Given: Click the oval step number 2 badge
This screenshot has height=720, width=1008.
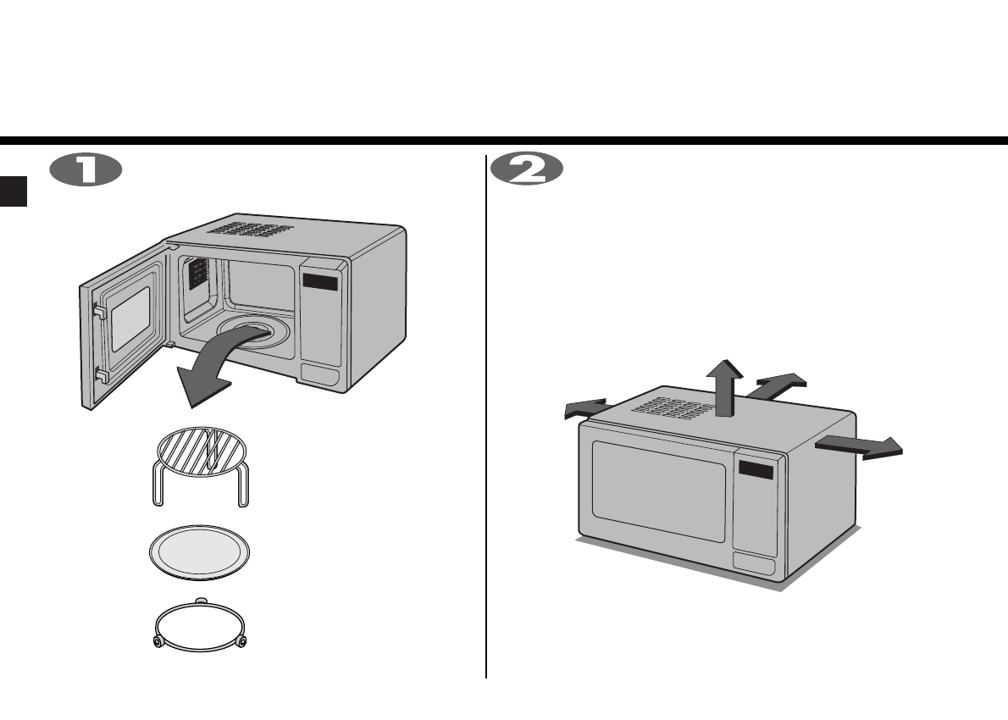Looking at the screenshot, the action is [526, 169].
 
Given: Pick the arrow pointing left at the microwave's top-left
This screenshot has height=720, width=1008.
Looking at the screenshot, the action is [586, 408].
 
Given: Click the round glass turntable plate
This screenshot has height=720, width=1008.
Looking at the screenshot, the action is [202, 555].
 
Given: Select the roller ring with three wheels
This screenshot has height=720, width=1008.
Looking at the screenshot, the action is [201, 624].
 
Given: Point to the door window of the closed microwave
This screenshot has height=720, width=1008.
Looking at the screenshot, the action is [658, 490].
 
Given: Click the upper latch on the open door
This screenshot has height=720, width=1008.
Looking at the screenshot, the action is [98, 313].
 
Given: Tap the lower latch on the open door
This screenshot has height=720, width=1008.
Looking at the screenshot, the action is [100, 374].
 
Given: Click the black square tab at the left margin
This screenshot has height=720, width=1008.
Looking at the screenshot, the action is [14, 190].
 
